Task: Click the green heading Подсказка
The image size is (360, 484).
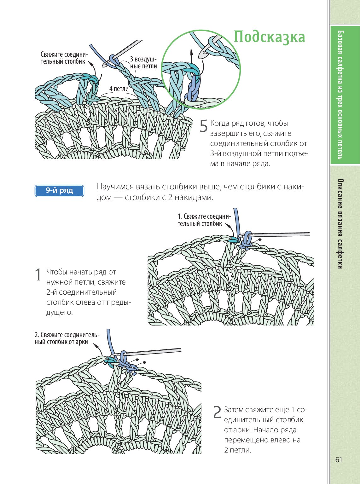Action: click(x=269, y=37)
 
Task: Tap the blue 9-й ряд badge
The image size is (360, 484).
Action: click(x=59, y=191)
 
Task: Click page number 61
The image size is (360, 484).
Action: click(x=339, y=460)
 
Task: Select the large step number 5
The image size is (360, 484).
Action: click(x=203, y=126)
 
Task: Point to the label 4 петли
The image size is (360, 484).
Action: click(x=119, y=89)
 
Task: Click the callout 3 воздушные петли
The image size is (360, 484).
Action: click(x=143, y=63)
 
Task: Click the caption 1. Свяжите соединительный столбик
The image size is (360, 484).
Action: click(x=204, y=220)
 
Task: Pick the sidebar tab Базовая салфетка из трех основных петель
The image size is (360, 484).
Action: click(x=340, y=95)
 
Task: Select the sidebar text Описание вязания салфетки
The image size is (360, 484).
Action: click(x=340, y=224)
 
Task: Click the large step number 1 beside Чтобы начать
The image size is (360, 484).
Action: click(x=38, y=275)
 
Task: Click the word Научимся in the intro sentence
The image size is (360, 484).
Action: click(x=115, y=187)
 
